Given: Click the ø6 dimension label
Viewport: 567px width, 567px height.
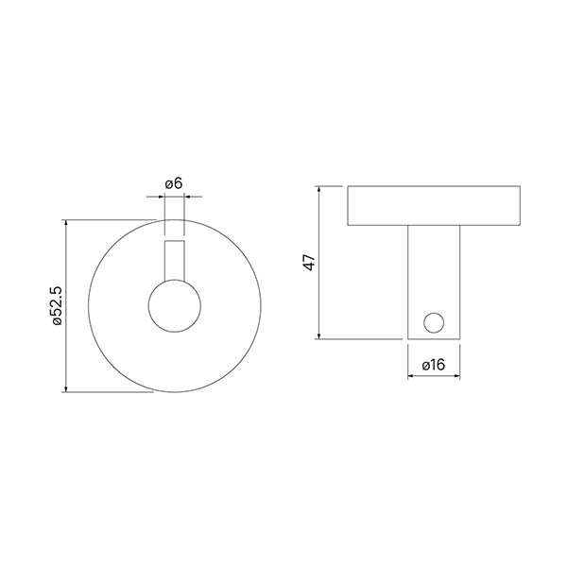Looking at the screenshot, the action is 174,183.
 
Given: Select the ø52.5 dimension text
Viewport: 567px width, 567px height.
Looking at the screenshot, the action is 58,306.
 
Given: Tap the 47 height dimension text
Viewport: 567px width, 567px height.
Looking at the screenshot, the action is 310,262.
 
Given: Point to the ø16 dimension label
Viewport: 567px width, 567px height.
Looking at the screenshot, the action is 434,365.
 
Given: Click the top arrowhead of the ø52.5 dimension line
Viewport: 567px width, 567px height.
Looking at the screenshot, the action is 66,222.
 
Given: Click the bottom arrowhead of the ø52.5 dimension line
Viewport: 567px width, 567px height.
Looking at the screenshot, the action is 66,389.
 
